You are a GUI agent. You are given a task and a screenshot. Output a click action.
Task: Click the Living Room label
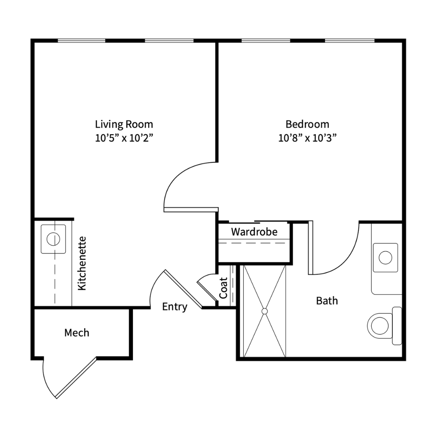tap(124, 124)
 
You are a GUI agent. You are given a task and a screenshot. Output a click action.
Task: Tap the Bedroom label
tap(307, 124)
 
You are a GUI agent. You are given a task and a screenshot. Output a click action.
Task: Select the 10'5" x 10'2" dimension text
tap(124, 138)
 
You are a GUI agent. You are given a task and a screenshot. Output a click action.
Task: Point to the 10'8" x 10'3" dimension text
tap(307, 138)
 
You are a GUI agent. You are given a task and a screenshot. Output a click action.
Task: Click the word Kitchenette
tap(82, 263)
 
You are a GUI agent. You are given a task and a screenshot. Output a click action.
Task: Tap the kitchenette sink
tap(53, 239)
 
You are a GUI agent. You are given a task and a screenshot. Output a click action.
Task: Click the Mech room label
tap(77, 333)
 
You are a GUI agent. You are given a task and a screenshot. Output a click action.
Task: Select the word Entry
tap(175, 307)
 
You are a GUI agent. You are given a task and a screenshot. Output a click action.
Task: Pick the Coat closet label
tap(223, 288)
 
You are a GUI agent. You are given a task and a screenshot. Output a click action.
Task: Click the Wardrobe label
tap(254, 232)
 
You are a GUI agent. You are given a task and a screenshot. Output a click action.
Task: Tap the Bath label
tap(327, 301)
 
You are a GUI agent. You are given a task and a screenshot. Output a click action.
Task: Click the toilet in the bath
tap(385, 326)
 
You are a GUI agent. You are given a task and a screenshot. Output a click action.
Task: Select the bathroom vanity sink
tap(385, 258)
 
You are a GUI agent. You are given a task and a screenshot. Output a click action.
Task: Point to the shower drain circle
tap(264, 311)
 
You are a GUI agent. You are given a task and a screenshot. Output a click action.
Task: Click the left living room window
tap(81, 41)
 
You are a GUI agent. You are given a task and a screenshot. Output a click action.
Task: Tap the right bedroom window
tap(350, 41)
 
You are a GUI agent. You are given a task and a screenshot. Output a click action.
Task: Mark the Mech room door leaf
tap(76, 378)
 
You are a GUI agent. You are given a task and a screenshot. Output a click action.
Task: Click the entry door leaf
tap(183, 289)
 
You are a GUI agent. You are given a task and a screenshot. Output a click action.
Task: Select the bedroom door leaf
tap(191, 209)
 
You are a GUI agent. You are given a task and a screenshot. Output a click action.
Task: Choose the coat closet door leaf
tap(207, 291)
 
